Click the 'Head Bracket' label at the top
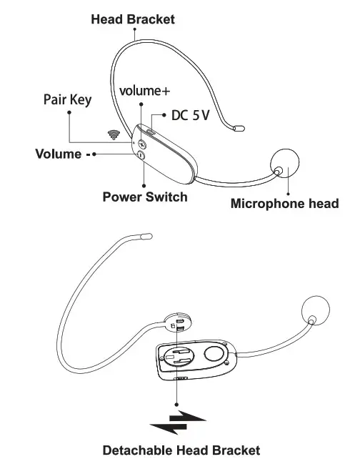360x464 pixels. click(x=133, y=20)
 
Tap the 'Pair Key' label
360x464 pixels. click(x=68, y=100)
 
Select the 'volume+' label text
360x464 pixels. click(x=145, y=92)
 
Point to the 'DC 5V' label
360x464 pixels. click(x=191, y=115)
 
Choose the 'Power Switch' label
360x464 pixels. click(x=145, y=197)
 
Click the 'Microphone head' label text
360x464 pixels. click(x=284, y=204)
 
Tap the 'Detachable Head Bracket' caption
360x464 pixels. click(x=181, y=450)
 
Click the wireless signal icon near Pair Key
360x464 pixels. click(x=112, y=134)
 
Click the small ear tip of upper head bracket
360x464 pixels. click(x=239, y=129)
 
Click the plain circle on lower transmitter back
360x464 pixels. click(x=213, y=352)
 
